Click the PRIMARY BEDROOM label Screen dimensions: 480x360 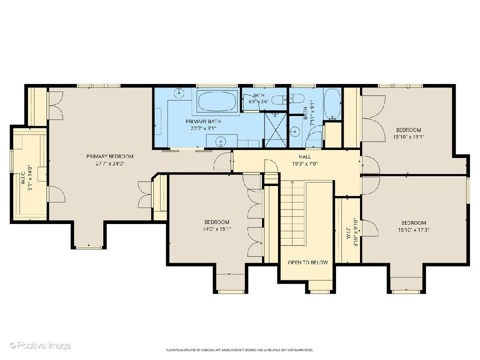point(110,156)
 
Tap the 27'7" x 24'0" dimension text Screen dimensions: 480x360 point(110,164)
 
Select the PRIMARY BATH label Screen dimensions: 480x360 point(203,121)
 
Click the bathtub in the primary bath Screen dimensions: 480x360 point(217,102)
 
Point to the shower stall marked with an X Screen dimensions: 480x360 point(276,130)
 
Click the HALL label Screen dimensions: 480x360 point(305,156)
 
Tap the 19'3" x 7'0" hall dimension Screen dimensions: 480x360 point(305,164)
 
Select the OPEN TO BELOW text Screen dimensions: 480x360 point(308,262)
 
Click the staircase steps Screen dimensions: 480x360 point(293,213)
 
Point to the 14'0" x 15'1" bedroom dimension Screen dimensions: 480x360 point(217,229)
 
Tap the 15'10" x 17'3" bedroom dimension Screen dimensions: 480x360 point(414,230)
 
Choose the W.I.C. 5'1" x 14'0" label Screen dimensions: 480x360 point(27,178)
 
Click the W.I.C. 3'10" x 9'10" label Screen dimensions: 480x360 point(352,232)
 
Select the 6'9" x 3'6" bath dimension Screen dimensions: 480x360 point(258,102)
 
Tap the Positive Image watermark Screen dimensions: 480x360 point(40,346)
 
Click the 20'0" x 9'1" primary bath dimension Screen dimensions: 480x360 point(203,128)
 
